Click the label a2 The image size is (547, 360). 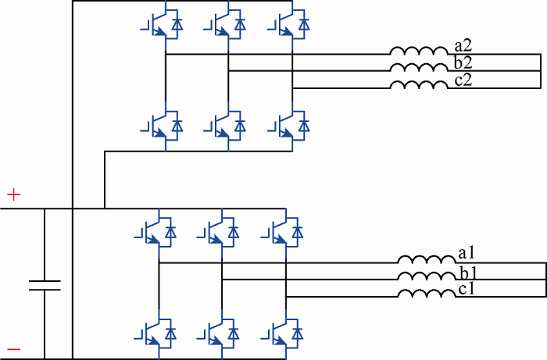463,45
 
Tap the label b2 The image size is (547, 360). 463,62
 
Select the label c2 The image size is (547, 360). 463,80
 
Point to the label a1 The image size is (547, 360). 467,253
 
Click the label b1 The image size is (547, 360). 468,273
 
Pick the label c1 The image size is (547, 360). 467,289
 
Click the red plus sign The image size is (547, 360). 14,194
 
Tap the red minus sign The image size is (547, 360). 14,349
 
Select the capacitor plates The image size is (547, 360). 45,285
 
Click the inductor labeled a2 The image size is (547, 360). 419,51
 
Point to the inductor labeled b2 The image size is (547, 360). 419,68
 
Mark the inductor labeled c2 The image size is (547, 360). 419,84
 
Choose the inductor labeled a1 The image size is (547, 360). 427,259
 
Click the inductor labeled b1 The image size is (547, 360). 427,276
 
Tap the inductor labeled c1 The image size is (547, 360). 427,294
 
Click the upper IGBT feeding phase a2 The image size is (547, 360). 162,24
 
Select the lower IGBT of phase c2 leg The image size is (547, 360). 288,127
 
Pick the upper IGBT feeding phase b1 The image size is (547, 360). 218,233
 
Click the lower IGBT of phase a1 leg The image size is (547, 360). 155,334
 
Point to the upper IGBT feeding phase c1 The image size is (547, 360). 282,233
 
